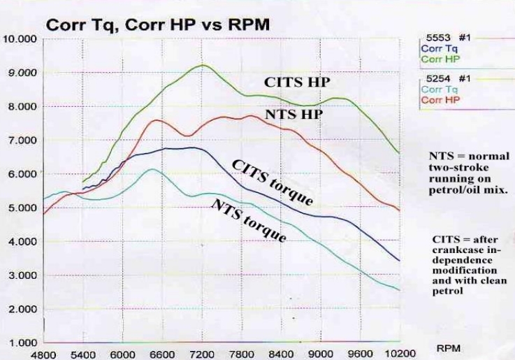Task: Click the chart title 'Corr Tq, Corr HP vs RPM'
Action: pos(157,25)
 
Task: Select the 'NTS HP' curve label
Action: pos(293,114)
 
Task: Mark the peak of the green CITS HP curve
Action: pos(203,65)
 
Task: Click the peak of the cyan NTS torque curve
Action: pos(151,169)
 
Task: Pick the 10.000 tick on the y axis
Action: pos(20,39)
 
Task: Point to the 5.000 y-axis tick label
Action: pos(20,208)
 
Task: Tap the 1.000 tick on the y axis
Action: pos(20,343)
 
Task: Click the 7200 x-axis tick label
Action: pos(203,353)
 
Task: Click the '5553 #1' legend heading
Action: pos(445,38)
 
